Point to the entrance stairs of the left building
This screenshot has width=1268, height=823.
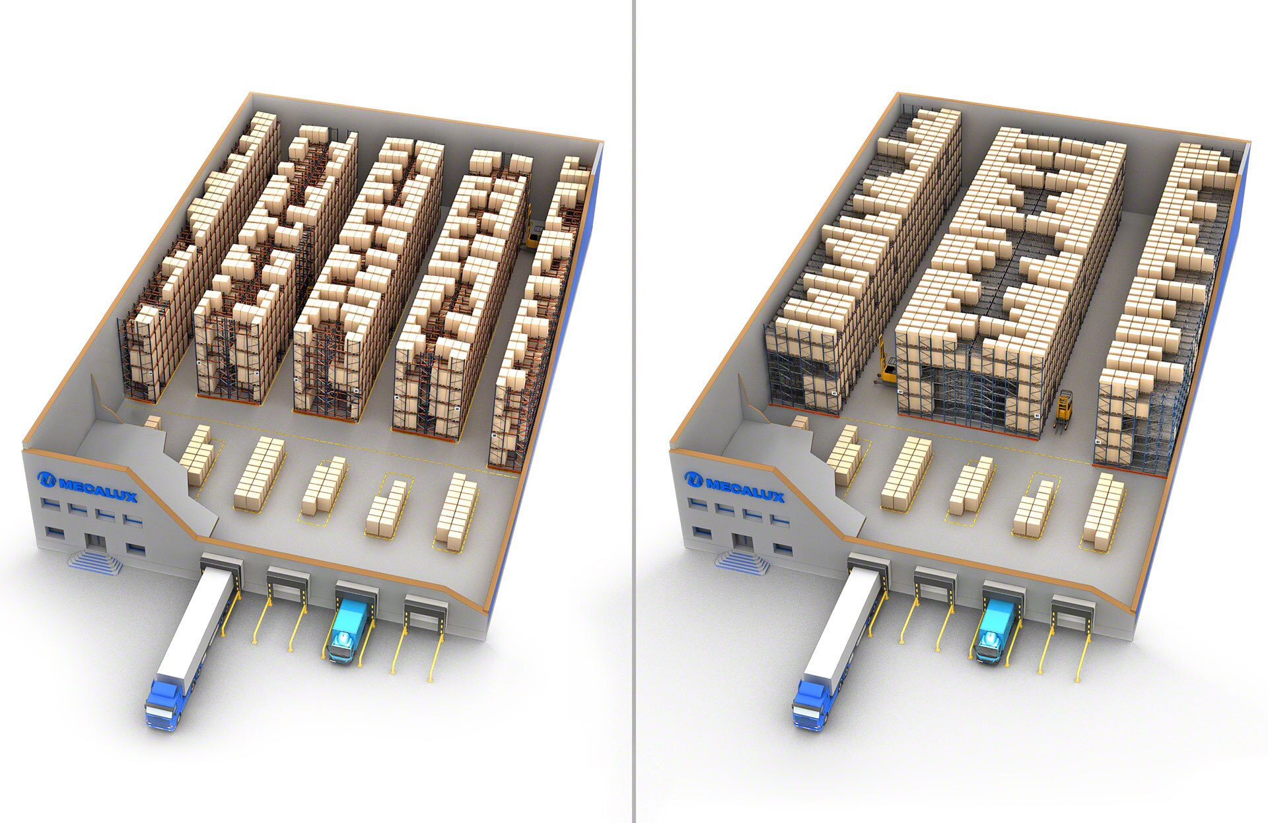pos(96,562)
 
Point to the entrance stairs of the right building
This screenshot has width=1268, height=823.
pos(744,562)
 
